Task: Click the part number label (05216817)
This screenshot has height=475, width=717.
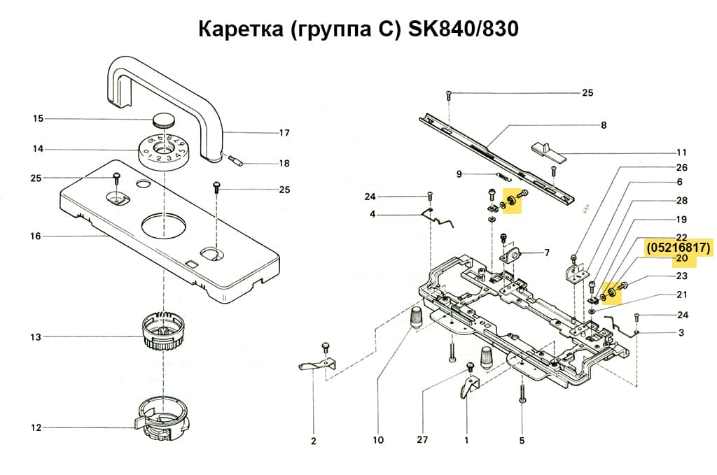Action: [678, 248]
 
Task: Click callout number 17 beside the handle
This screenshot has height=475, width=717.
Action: [284, 133]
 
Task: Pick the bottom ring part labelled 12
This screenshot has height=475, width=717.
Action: [162, 423]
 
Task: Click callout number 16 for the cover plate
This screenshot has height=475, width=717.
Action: [36, 236]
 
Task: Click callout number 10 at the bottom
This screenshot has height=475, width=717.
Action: [378, 441]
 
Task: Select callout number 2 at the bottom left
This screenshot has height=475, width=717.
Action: [314, 441]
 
